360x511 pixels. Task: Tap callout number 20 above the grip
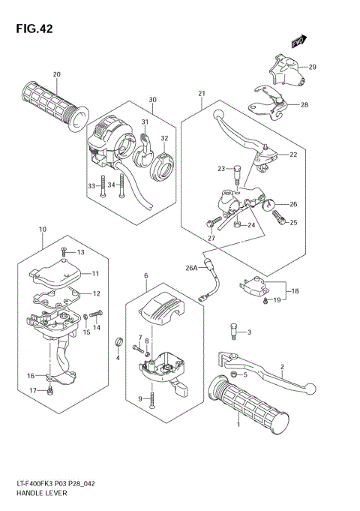[x=57, y=74]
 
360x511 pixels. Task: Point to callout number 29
[x=313, y=68]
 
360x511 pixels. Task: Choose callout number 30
[x=152, y=100]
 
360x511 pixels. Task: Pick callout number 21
[x=202, y=93]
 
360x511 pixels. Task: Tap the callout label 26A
[x=190, y=267]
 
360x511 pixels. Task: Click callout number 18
[x=295, y=290]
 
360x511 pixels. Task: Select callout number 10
[x=43, y=229]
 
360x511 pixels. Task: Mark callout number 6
[x=145, y=275]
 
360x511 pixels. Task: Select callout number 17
[x=31, y=391]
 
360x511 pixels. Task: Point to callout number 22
[x=293, y=155]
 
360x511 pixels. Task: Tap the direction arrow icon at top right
[x=301, y=43]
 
